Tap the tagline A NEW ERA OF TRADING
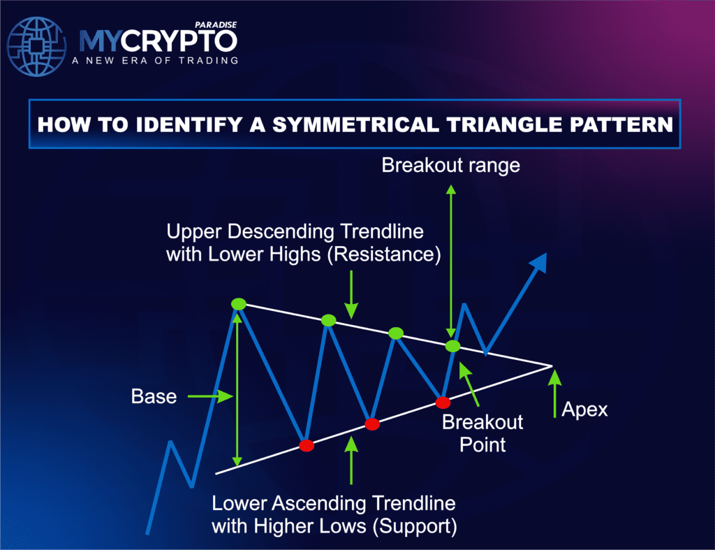click(x=155, y=61)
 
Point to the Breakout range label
click(x=451, y=165)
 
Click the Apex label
click(x=585, y=409)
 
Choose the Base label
click(x=154, y=397)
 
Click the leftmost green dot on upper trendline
click(x=239, y=303)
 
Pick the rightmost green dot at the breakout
click(x=453, y=346)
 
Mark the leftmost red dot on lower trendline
click(x=305, y=445)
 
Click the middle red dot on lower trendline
click(x=372, y=424)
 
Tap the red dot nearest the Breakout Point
click(x=442, y=403)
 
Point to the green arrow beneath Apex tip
click(x=554, y=391)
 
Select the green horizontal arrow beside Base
click(x=209, y=396)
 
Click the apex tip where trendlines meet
click(x=552, y=365)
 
